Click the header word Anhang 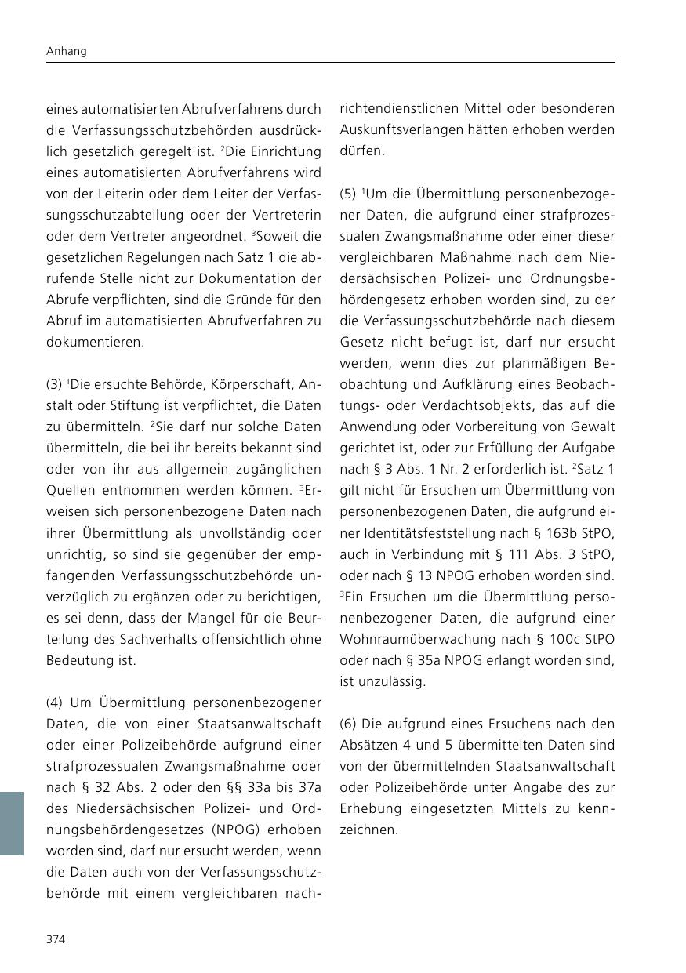click(66, 51)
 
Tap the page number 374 click(56, 939)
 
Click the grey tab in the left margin click(11, 822)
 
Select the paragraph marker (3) click(55, 385)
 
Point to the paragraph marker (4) click(55, 703)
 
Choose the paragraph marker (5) click(348, 194)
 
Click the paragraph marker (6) click(348, 724)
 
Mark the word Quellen click(70, 491)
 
